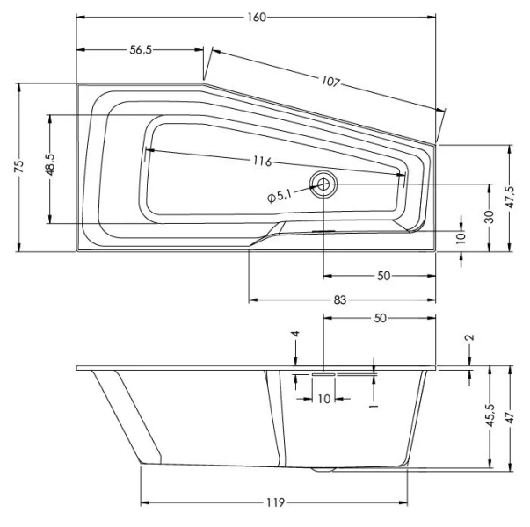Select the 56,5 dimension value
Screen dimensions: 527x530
click(x=142, y=51)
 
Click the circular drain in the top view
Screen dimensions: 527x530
click(x=323, y=184)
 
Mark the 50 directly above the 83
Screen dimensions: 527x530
click(x=383, y=276)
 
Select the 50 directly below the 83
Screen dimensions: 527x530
click(x=380, y=319)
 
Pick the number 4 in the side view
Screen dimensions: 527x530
click(x=296, y=335)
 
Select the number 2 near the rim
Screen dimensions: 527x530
click(x=469, y=337)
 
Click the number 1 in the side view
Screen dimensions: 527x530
click(x=373, y=407)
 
